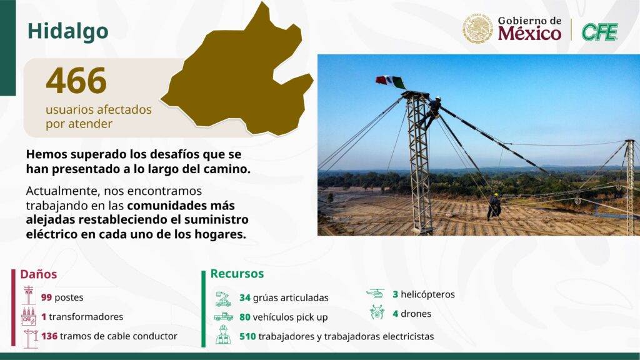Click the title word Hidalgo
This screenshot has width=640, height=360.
[67, 31]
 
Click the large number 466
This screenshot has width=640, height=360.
[76, 81]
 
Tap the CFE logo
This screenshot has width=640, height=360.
[599, 32]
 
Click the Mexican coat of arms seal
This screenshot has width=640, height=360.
[477, 29]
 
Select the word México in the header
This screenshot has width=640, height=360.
[529, 33]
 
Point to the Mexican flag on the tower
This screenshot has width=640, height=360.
[391, 82]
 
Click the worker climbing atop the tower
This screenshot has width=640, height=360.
[431, 112]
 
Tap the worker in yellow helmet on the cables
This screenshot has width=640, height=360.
[494, 207]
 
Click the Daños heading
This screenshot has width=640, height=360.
[39, 274]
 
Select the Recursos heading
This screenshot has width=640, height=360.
[237, 274]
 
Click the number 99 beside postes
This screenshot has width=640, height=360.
[46, 297]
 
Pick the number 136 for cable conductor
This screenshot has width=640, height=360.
[49, 336]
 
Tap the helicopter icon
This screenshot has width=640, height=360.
[376, 294]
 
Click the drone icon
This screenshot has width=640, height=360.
[377, 312]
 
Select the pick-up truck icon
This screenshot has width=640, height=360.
[224, 316]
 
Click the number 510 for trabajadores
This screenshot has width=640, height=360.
[247, 336]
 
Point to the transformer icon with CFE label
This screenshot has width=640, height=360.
[29, 317]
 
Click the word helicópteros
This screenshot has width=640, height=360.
[427, 294]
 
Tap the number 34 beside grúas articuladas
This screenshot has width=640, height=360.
[245, 297]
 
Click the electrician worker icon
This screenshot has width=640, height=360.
[223, 335]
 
